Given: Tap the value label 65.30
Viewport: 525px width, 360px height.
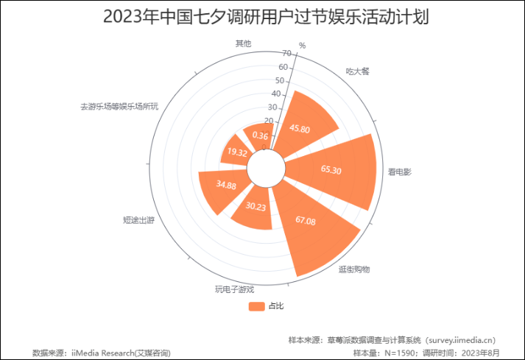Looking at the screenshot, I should click(331, 170).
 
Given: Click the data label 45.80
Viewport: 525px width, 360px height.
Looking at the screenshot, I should click(300, 129).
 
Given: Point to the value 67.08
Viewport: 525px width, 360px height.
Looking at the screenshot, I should click(305, 220).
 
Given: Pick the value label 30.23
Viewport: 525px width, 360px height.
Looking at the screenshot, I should click(256, 207).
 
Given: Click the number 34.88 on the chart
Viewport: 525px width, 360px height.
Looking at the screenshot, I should click(226, 186).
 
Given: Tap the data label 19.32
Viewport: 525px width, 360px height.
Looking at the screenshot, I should click(236, 152).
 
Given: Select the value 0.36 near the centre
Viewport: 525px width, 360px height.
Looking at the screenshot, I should click(260, 135).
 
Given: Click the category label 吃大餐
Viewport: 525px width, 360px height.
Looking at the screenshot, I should click(357, 71).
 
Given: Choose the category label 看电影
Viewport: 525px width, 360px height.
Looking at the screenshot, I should click(400, 172).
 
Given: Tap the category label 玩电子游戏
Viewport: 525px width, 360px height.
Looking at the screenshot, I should click(234, 289).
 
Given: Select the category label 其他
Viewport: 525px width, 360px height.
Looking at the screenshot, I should click(243, 43).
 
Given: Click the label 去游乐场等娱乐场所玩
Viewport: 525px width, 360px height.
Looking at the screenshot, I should click(119, 106).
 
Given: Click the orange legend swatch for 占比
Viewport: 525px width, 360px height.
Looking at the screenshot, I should click(256, 306).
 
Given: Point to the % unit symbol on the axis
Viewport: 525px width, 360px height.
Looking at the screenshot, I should click(302, 46).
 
